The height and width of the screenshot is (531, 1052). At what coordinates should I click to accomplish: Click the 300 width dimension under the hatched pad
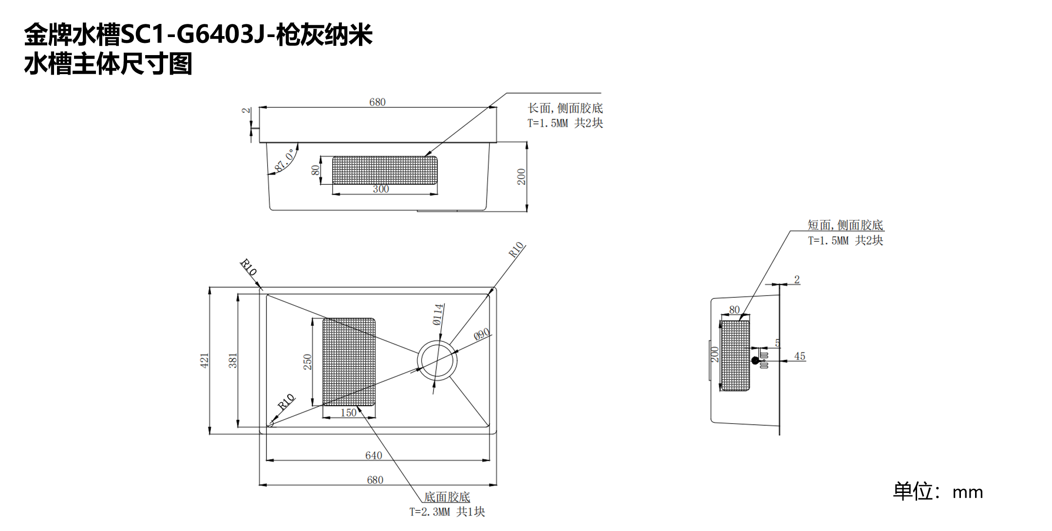point(381,189)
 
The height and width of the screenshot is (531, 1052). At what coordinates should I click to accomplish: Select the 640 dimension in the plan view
point(374,455)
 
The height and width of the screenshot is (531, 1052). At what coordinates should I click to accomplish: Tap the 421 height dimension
point(204,360)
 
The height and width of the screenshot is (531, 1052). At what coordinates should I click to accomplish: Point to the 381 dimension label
point(233,360)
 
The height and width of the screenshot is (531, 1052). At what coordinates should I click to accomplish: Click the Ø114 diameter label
point(438,315)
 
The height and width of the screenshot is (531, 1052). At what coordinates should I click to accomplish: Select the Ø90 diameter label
point(482,334)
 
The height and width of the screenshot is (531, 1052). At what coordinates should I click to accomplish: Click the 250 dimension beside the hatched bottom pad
point(307,362)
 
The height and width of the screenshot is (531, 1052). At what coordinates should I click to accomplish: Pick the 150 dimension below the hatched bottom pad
point(348,413)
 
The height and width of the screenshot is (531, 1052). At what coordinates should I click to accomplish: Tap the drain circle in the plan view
point(437,361)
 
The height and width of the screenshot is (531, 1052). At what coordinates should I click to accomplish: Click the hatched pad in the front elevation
point(384,170)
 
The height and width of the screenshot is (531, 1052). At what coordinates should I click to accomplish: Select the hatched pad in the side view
point(735,355)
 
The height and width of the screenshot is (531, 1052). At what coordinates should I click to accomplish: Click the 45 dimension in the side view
point(800,356)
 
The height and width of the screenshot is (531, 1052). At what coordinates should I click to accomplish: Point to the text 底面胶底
point(447,497)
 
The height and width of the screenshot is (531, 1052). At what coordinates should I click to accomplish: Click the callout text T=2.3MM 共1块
point(447,512)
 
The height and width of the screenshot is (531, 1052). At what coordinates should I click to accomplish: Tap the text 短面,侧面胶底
point(845,225)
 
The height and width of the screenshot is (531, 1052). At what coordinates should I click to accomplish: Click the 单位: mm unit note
point(938,492)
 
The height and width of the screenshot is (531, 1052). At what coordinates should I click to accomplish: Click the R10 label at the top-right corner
point(516,250)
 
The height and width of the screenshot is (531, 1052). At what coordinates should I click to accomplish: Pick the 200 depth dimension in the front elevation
point(521,177)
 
